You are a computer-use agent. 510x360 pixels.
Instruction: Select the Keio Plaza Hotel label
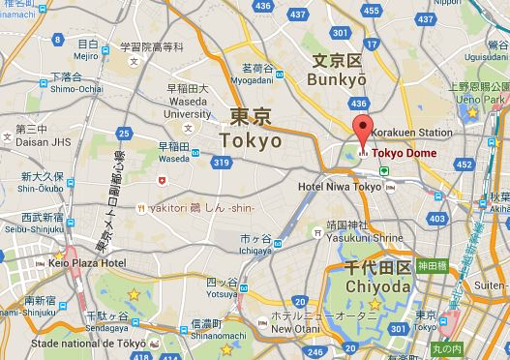87,262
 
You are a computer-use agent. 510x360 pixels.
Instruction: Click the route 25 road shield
123,133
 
